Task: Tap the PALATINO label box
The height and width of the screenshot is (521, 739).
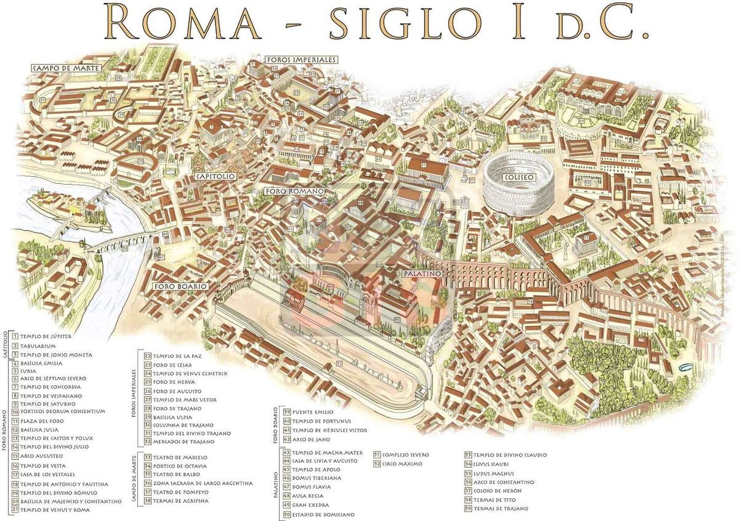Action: tap(422, 273)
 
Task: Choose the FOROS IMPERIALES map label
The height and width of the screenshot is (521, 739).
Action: tap(301, 60)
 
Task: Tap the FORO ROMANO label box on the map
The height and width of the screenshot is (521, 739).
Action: tap(294, 192)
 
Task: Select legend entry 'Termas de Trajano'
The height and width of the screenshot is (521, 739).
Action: tap(496, 509)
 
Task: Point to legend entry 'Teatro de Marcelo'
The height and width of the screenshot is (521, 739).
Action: tap(175, 458)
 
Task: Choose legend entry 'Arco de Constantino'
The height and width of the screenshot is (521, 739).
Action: tap(499, 482)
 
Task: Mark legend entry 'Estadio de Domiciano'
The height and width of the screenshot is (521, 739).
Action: tap(313, 514)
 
